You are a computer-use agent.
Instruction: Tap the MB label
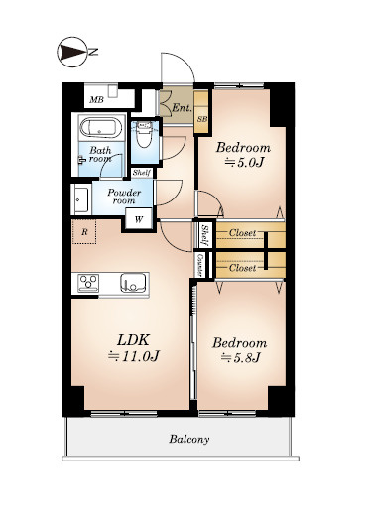pos(97,100)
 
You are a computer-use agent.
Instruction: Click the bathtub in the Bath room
pos(101,128)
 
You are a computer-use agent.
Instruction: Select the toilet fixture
pos(145,134)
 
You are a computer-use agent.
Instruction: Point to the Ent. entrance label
pos(182,108)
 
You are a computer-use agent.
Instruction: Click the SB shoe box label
pos(202,119)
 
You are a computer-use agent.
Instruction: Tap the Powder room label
pos(124,197)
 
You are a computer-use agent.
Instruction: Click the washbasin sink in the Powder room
pos(81,199)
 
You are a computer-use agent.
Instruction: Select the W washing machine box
pos(139,219)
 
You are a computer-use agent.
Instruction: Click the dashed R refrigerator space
pos(84,231)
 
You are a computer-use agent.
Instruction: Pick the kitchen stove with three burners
pos(88,283)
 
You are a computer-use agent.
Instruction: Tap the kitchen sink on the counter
pos(133,283)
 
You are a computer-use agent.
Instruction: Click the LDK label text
pos(133,340)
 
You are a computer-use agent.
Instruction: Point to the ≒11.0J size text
pos(133,356)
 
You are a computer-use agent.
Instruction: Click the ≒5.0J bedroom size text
pos(244,163)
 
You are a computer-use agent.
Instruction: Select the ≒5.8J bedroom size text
pos(241,358)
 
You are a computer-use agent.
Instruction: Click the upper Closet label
pos(242,233)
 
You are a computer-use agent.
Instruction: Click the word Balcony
pos(189,440)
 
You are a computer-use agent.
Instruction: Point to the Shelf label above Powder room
pos(142,173)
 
